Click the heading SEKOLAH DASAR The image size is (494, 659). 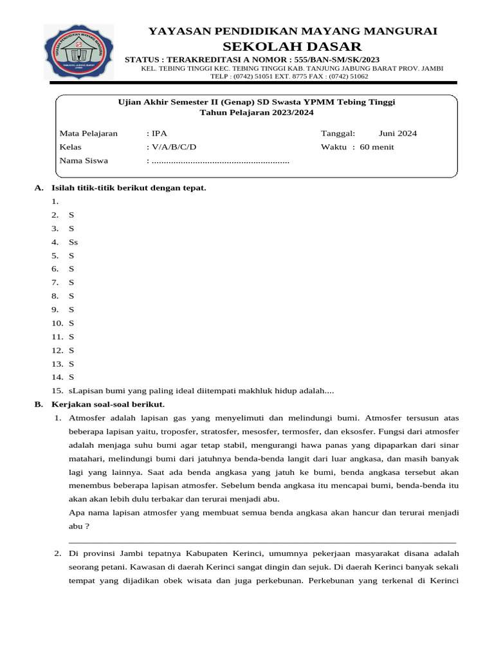point(292,46)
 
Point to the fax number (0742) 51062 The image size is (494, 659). point(348,76)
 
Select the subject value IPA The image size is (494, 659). point(159,133)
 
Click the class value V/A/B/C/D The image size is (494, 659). point(174,147)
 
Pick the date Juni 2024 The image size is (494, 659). point(398,133)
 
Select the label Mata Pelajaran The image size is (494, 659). point(89,133)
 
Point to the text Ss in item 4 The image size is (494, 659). point(73,242)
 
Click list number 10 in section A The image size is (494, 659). point(57,323)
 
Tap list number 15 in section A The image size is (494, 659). point(57,391)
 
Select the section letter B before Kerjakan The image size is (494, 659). point(37,404)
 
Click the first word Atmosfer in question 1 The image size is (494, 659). point(89,418)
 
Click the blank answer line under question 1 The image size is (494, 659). point(262,543)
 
